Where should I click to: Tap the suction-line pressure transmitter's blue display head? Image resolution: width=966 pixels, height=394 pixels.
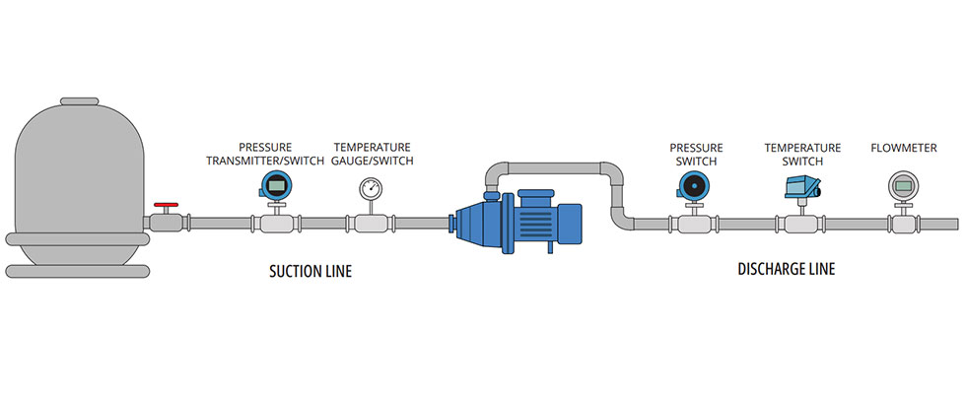pos(276,183)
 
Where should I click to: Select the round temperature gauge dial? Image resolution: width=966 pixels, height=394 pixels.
pos(371,187)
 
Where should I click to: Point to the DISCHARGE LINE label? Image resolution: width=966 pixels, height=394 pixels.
pos(786,269)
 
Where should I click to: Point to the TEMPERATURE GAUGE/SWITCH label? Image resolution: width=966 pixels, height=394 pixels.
pos(374,154)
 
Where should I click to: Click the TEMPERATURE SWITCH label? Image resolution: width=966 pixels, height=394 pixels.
pos(802,154)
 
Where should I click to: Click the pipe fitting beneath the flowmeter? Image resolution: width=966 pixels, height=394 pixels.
pos(902,225)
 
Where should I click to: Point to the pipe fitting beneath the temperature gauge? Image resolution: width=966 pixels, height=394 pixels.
pos(371,225)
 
